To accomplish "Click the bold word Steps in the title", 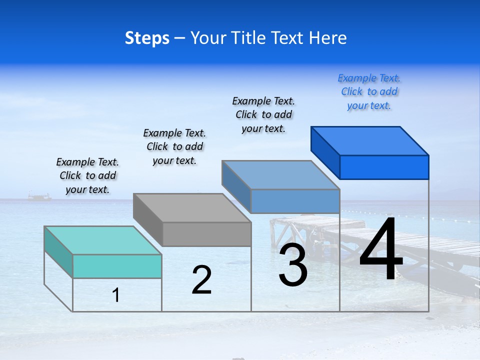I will pyautogui.click(x=147, y=38).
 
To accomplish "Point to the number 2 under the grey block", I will pyautogui.click(x=201, y=280).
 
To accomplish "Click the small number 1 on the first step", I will pyautogui.click(x=116, y=295).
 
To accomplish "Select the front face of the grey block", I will pyautogui.click(x=207, y=234).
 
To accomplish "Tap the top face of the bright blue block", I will pyautogui.click(x=370, y=140).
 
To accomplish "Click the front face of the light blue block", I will pyautogui.click(x=295, y=201).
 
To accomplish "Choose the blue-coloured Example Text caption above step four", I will pyautogui.click(x=369, y=91).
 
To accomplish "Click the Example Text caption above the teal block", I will pyautogui.click(x=87, y=175).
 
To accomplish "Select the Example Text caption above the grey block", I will pyautogui.click(x=174, y=146).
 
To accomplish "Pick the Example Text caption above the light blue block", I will pyautogui.click(x=263, y=114).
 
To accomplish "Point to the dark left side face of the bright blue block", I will pyautogui.click(x=325, y=152).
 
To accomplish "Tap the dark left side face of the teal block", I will pyautogui.click(x=58, y=252).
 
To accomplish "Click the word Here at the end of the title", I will pyautogui.click(x=327, y=38).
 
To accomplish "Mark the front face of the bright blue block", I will pyautogui.click(x=384, y=167).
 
